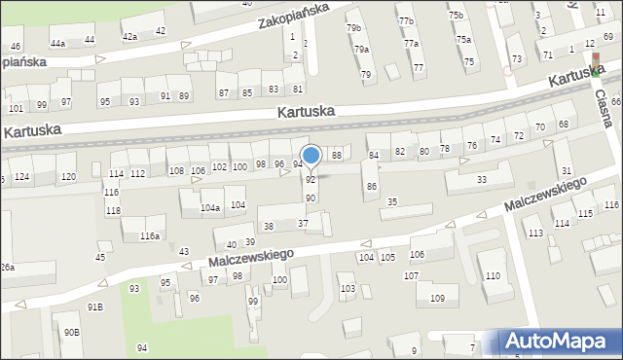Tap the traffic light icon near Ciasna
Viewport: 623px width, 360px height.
(596, 65)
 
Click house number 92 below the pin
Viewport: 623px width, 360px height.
(311, 180)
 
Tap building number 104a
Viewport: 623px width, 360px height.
(210, 208)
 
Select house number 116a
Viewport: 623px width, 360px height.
(149, 236)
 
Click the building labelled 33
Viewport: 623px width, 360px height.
(481, 180)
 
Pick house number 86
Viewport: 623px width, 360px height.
(370, 186)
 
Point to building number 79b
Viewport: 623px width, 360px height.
(353, 28)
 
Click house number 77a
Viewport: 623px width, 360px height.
(412, 44)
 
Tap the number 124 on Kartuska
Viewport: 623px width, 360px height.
(21, 176)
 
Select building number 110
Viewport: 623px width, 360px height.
(494, 277)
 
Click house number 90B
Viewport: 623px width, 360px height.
(72, 333)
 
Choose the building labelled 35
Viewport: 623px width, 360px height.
(392, 202)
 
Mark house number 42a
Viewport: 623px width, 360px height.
(129, 36)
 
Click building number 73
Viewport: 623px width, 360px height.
(517, 59)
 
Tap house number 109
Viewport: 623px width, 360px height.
(437, 298)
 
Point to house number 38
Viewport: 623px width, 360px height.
(269, 226)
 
